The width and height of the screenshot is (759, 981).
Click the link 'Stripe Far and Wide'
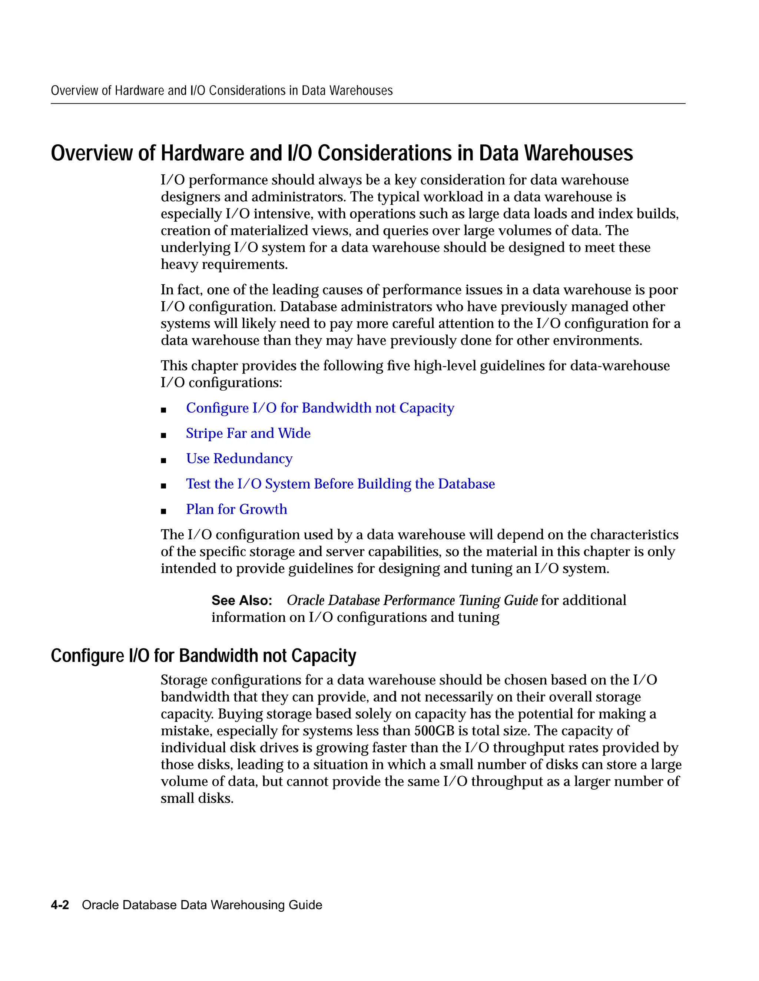[x=248, y=433]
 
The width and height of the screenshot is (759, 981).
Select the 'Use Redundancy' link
[x=239, y=459]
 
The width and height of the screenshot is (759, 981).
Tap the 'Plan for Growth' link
[x=236, y=509]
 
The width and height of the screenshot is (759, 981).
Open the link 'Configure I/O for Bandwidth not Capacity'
[x=320, y=408]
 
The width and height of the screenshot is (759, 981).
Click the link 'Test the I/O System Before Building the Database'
[x=340, y=484]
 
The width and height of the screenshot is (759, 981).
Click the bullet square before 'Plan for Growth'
[x=164, y=511]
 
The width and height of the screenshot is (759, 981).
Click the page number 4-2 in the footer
[x=60, y=905]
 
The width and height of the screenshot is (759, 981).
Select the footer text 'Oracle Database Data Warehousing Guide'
[x=202, y=905]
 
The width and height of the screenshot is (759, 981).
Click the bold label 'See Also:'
[x=242, y=600]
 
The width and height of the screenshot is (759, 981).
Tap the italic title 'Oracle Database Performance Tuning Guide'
[x=412, y=600]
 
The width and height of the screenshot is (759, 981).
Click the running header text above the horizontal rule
[x=222, y=91]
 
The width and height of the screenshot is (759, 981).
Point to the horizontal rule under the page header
[x=368, y=104]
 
